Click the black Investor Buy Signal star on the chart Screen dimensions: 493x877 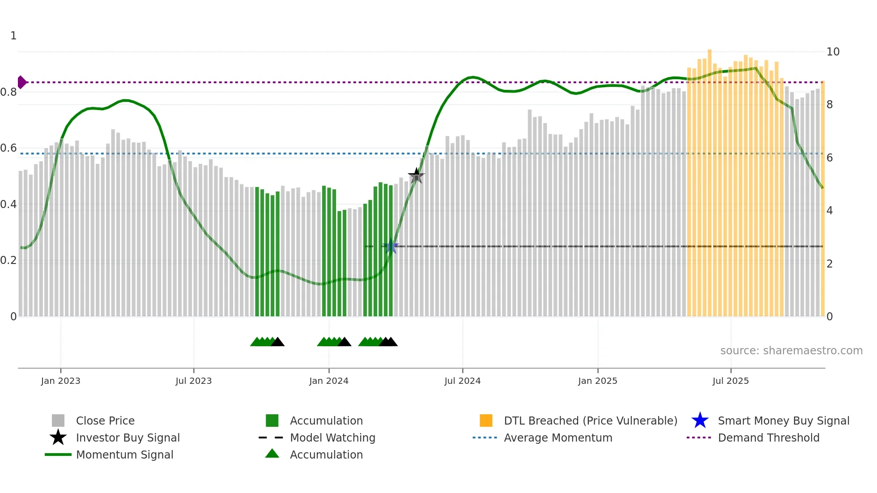pyautogui.click(x=416, y=176)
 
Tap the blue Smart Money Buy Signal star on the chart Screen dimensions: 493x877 pyautogui.click(x=391, y=246)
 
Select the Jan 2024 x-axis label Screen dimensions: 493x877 pyautogui.click(x=328, y=381)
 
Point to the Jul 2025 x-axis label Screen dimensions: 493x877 pyautogui.click(x=730, y=381)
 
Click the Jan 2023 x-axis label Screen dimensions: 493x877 pyautogui.click(x=60, y=381)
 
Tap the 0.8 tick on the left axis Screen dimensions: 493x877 pyautogui.click(x=9, y=92)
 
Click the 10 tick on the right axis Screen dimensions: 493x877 pyautogui.click(x=833, y=52)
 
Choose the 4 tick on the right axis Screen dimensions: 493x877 pyautogui.click(x=830, y=211)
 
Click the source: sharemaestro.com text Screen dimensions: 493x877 pyautogui.click(x=791, y=350)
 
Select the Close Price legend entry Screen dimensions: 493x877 pyautogui.click(x=105, y=421)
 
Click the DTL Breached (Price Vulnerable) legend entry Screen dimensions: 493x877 pyautogui.click(x=590, y=421)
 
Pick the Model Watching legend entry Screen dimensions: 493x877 pyautogui.click(x=332, y=438)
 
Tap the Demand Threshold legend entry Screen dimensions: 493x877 pyautogui.click(x=768, y=438)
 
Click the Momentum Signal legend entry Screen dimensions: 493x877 pyautogui.click(x=124, y=455)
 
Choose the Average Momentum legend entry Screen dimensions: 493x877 pyautogui.click(x=558, y=438)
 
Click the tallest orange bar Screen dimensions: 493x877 pyautogui.click(x=710, y=179)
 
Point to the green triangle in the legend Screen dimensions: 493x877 pyautogui.click(x=272, y=454)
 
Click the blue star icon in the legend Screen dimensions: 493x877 pyautogui.click(x=700, y=421)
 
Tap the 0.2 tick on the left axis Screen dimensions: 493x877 pyautogui.click(x=9, y=260)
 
